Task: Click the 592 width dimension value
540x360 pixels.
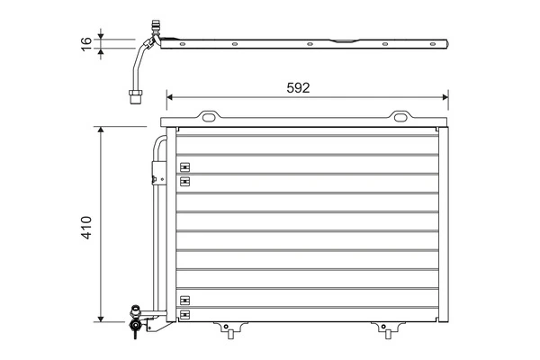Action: [x=299, y=87]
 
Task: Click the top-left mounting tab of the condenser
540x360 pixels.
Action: [x=209, y=116]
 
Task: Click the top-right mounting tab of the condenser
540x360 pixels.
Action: [x=400, y=116]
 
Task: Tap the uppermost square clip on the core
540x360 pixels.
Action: [x=185, y=166]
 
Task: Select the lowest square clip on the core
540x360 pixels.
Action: [x=185, y=314]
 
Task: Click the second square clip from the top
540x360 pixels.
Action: [x=185, y=181]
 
